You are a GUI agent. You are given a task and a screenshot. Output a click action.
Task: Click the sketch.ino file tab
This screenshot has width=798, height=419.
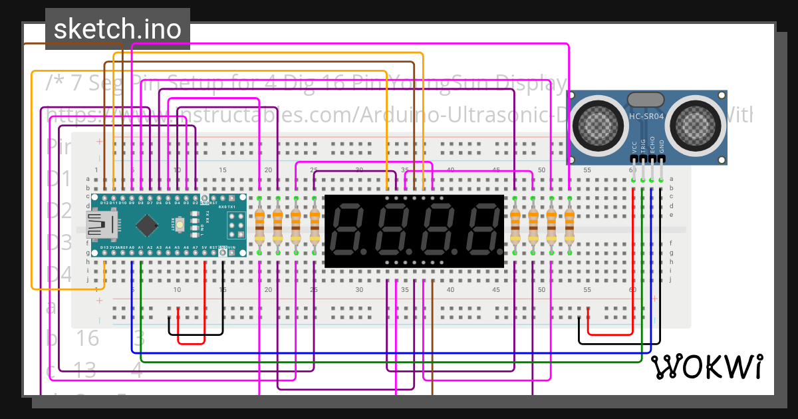(x=118, y=29)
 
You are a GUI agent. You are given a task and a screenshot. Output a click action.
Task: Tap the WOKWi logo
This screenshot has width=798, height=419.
(x=706, y=366)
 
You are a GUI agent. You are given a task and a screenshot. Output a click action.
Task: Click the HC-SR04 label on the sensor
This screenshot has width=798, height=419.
(x=646, y=116)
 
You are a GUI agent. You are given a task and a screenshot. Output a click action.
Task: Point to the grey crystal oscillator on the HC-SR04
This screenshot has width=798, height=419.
(x=646, y=100)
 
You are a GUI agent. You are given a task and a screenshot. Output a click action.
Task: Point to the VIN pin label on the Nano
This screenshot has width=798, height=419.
(x=231, y=247)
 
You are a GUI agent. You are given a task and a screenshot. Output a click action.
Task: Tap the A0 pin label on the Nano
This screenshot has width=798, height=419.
(x=132, y=247)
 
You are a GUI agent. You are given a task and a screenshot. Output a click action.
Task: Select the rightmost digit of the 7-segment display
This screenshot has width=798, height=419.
(x=481, y=231)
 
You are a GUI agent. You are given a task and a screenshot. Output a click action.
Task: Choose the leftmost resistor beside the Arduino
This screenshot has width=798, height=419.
(x=259, y=226)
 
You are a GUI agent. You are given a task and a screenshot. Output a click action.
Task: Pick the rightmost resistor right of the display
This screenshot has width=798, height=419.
(x=569, y=226)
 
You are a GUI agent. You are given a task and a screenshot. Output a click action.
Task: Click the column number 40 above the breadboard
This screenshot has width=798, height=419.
(x=450, y=170)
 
